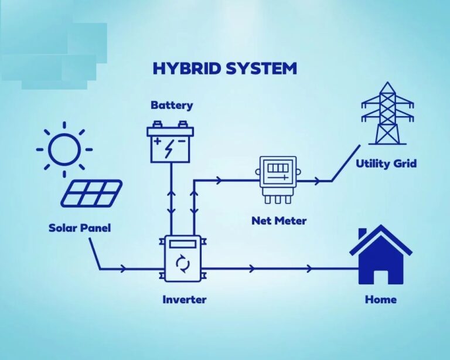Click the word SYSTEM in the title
(x=261, y=69)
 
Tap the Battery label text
(x=172, y=105)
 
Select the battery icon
(x=171, y=141)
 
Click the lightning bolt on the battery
(x=169, y=149)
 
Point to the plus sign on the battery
(x=157, y=141)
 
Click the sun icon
(x=64, y=150)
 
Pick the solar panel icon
(x=91, y=193)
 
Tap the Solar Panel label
(x=80, y=228)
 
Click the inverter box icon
(x=183, y=259)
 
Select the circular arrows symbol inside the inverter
(x=183, y=263)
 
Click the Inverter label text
(x=184, y=300)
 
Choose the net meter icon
(x=278, y=180)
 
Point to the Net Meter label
(x=279, y=221)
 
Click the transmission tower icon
(x=387, y=113)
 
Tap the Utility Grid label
(x=386, y=164)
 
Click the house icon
(x=381, y=254)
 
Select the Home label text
(x=381, y=300)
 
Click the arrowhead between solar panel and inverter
(x=124, y=269)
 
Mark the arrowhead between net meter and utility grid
(x=317, y=181)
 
